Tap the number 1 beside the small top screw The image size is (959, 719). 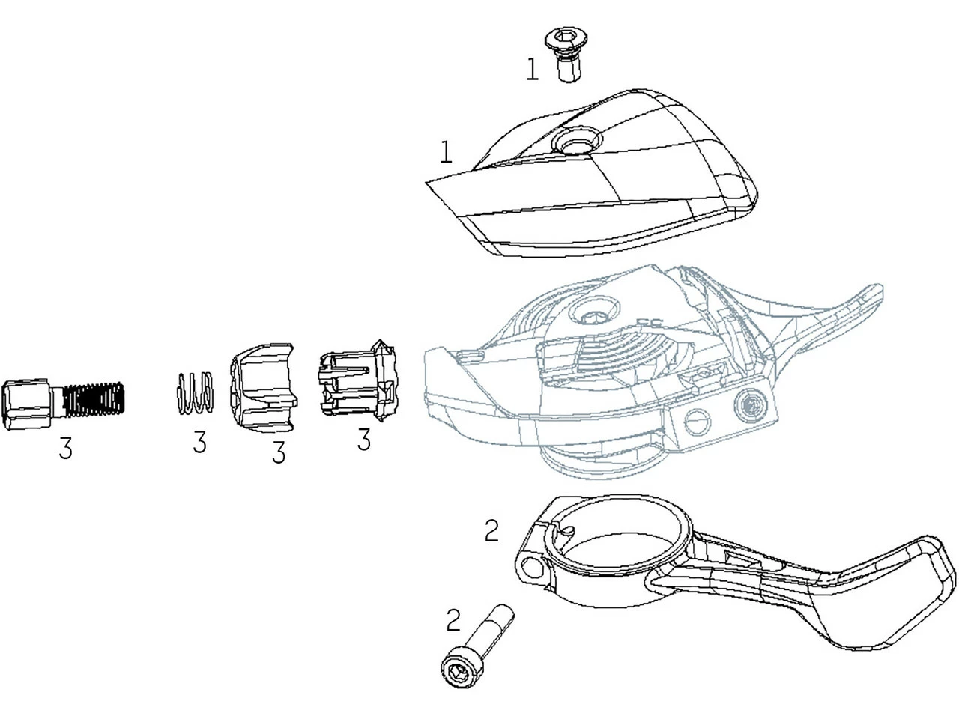pos(532,70)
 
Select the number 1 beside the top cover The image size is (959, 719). pos(446,152)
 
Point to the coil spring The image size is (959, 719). pos(195,392)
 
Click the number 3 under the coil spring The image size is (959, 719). pos(199,441)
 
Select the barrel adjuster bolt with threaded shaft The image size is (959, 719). pos(63,404)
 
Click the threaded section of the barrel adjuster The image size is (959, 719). pos(94,398)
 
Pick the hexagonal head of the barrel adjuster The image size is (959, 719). pos(26,404)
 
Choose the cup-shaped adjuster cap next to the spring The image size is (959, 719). pos(264,388)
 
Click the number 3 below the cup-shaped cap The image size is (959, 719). pos(279,452)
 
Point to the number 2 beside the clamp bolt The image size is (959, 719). pos(453,620)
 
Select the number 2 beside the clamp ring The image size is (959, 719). pos(491,531)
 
